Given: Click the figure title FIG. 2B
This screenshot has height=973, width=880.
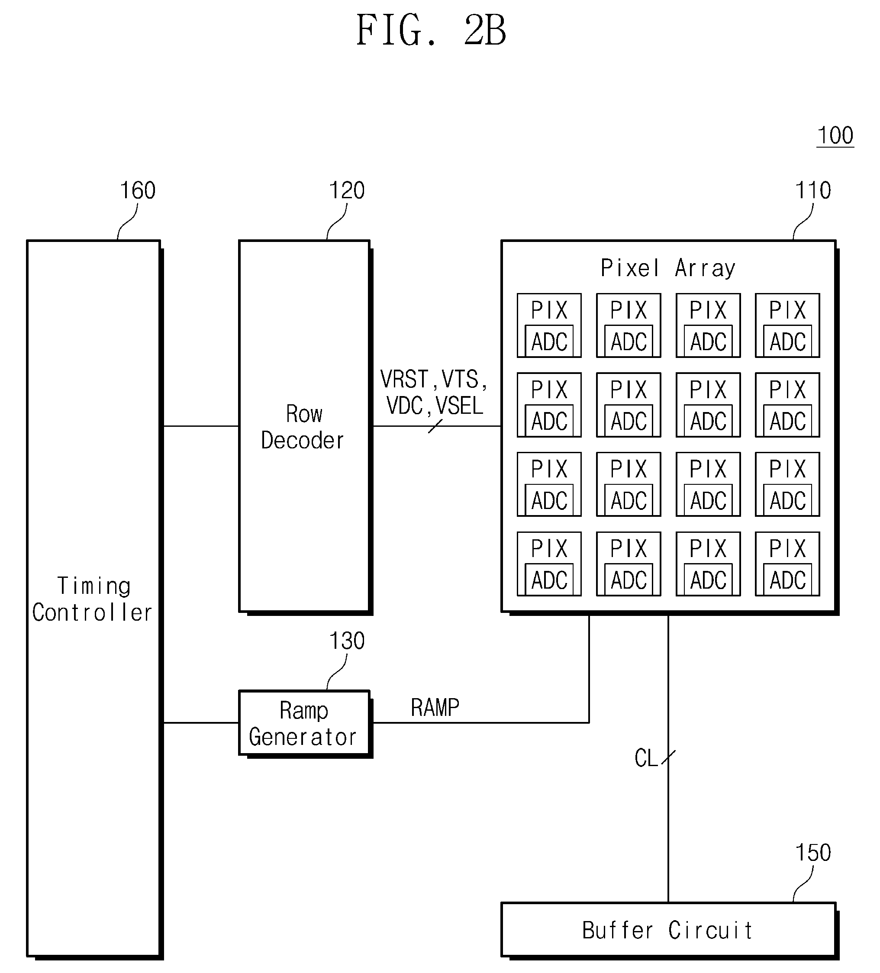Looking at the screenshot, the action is [431, 30].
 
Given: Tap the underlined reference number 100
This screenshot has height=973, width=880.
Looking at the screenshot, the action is [835, 135].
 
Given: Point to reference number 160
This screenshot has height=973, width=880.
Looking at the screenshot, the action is [138, 190].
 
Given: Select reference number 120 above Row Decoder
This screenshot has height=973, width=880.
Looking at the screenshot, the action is [347, 190].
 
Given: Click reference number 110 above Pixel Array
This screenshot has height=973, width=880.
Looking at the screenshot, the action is [813, 190].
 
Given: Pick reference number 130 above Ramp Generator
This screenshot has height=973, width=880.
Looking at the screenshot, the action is [347, 641].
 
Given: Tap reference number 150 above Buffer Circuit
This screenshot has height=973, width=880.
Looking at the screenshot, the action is [813, 853].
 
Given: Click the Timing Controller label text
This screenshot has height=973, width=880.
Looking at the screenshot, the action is [93, 599].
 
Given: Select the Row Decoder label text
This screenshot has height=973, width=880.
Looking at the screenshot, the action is [303, 427].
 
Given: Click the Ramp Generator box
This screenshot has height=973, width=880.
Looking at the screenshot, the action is [305, 723].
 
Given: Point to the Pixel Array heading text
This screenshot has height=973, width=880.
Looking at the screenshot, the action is [668, 268].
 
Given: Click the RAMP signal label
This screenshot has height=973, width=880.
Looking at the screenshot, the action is [435, 708].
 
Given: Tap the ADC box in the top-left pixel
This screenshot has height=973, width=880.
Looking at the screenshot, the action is [549, 341].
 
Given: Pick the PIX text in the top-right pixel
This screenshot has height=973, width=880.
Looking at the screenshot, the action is [787, 310].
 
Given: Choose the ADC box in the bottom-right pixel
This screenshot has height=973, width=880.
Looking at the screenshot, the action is [788, 579].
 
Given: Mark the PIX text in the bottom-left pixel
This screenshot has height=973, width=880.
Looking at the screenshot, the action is [549, 549].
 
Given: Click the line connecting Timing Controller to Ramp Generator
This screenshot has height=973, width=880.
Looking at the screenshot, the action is [201, 723].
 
